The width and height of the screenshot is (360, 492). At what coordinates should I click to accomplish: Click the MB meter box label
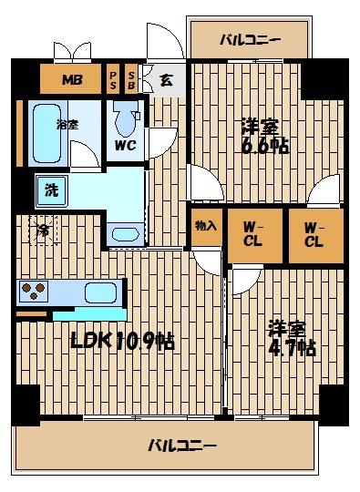(72, 79)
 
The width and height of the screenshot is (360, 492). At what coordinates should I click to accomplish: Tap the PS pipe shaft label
(114, 79)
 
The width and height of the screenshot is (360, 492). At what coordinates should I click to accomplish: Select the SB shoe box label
(131, 79)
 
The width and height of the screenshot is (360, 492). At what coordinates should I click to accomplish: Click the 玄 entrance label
(167, 80)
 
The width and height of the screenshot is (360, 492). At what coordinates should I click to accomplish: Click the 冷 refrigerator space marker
(43, 231)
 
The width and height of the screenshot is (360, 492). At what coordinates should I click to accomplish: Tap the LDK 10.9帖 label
(123, 342)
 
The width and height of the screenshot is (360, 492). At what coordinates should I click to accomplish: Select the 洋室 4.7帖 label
(290, 337)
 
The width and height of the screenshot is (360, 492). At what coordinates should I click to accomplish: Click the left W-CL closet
(252, 234)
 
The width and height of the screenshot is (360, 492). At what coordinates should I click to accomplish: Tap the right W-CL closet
(314, 234)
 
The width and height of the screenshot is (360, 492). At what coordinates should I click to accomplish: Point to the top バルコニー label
(250, 39)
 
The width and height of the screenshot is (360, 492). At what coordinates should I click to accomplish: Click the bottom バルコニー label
(182, 446)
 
